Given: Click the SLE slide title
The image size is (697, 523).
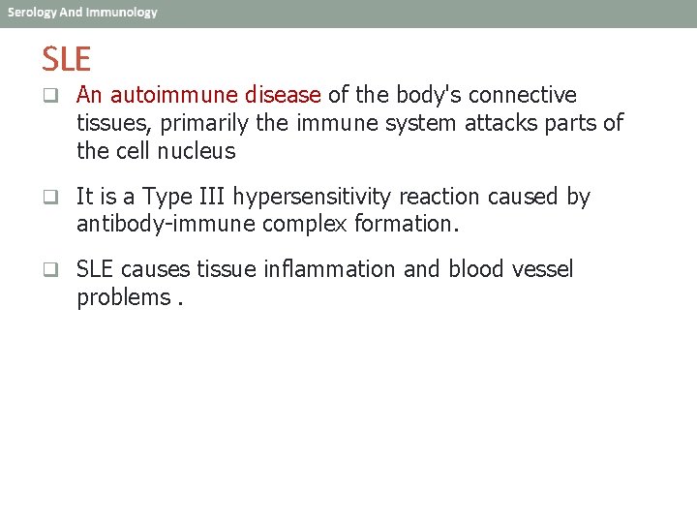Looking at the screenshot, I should (66, 60).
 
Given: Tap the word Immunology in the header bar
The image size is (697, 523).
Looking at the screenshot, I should (121, 13).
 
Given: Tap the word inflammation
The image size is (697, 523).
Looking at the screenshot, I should (330, 268).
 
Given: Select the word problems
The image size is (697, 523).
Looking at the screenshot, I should (123, 297).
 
